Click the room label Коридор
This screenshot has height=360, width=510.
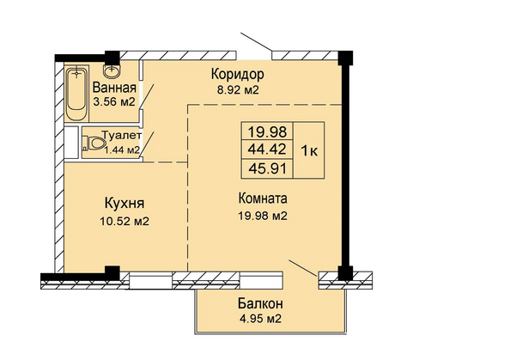[238, 75]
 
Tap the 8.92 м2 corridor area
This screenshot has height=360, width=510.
[238, 89]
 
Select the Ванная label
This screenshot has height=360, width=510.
[114, 88]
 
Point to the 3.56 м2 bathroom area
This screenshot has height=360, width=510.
[114, 102]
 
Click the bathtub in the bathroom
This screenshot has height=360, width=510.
[76, 93]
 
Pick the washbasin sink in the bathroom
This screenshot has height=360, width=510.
[112, 69]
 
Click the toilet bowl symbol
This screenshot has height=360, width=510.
[94, 143]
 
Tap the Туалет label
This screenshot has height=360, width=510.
[122, 135]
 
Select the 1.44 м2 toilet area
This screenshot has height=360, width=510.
[122, 149]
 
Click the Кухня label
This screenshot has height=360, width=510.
[124, 204]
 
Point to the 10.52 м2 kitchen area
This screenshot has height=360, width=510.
[124, 222]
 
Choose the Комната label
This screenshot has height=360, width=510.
[263, 198]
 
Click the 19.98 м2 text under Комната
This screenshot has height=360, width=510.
[263, 216]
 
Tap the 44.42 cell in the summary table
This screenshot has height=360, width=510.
[267, 149]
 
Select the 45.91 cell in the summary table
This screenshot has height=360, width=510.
[267, 168]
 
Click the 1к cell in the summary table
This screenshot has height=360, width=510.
[309, 150]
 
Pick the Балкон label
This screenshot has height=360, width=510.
[260, 303]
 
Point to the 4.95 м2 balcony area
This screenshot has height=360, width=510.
[260, 319]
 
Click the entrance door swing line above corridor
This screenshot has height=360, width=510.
[257, 42]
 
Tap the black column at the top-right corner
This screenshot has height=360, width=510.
[345, 58]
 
